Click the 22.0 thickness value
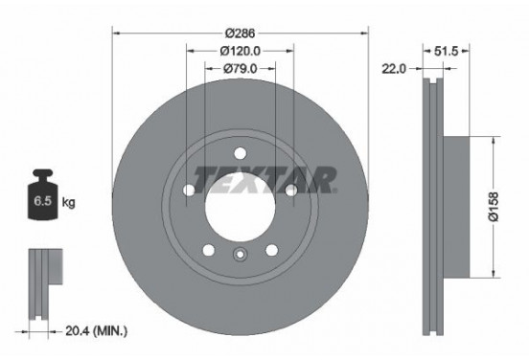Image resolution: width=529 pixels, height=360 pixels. pos(395,68)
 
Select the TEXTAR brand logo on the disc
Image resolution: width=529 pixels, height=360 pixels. pos(266,178)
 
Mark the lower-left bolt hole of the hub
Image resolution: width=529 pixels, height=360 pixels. pos(207,251)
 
